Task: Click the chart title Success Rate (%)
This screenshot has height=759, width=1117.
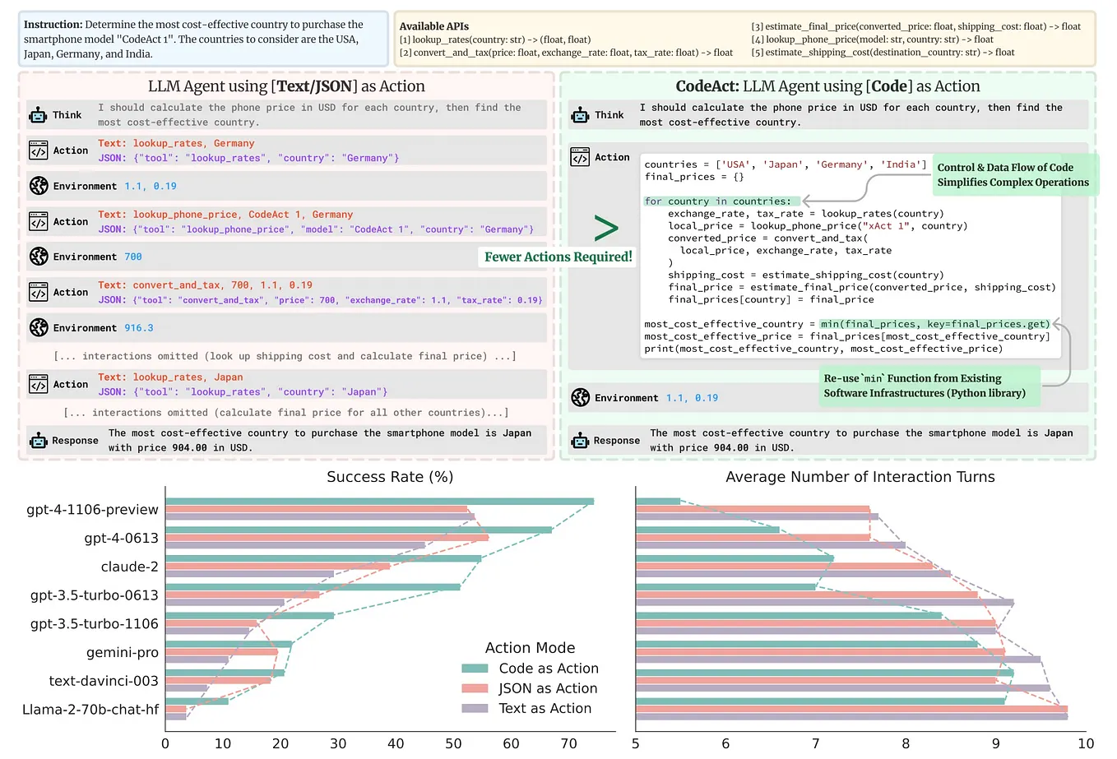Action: click(x=390, y=477)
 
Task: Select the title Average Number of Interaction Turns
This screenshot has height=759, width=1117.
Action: click(x=860, y=477)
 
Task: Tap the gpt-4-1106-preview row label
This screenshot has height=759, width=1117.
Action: click(x=92, y=510)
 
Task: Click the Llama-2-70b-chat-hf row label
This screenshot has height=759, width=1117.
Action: click(x=90, y=709)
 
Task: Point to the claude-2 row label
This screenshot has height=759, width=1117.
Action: click(x=129, y=567)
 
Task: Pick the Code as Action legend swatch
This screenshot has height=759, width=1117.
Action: click(x=475, y=669)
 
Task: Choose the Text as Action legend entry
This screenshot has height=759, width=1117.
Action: click(x=545, y=708)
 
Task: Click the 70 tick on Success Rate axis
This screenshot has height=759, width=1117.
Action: click(x=568, y=743)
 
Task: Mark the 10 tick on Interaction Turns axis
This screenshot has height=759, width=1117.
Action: click(x=1085, y=743)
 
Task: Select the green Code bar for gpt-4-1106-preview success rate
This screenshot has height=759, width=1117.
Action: click(x=379, y=502)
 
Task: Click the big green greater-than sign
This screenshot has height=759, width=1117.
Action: click(x=605, y=228)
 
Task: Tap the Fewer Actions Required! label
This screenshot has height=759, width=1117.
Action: click(x=558, y=257)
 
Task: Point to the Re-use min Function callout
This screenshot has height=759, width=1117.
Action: click(x=925, y=386)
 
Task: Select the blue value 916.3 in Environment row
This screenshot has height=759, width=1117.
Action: click(x=139, y=327)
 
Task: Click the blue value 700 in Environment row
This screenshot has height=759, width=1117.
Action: click(x=133, y=257)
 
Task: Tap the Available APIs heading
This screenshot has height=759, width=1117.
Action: click(x=433, y=26)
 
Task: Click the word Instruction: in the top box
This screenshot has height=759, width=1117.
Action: click(x=53, y=25)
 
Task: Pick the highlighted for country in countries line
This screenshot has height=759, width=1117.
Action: click(x=717, y=201)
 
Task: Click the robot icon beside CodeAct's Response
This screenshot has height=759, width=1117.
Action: click(x=580, y=441)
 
